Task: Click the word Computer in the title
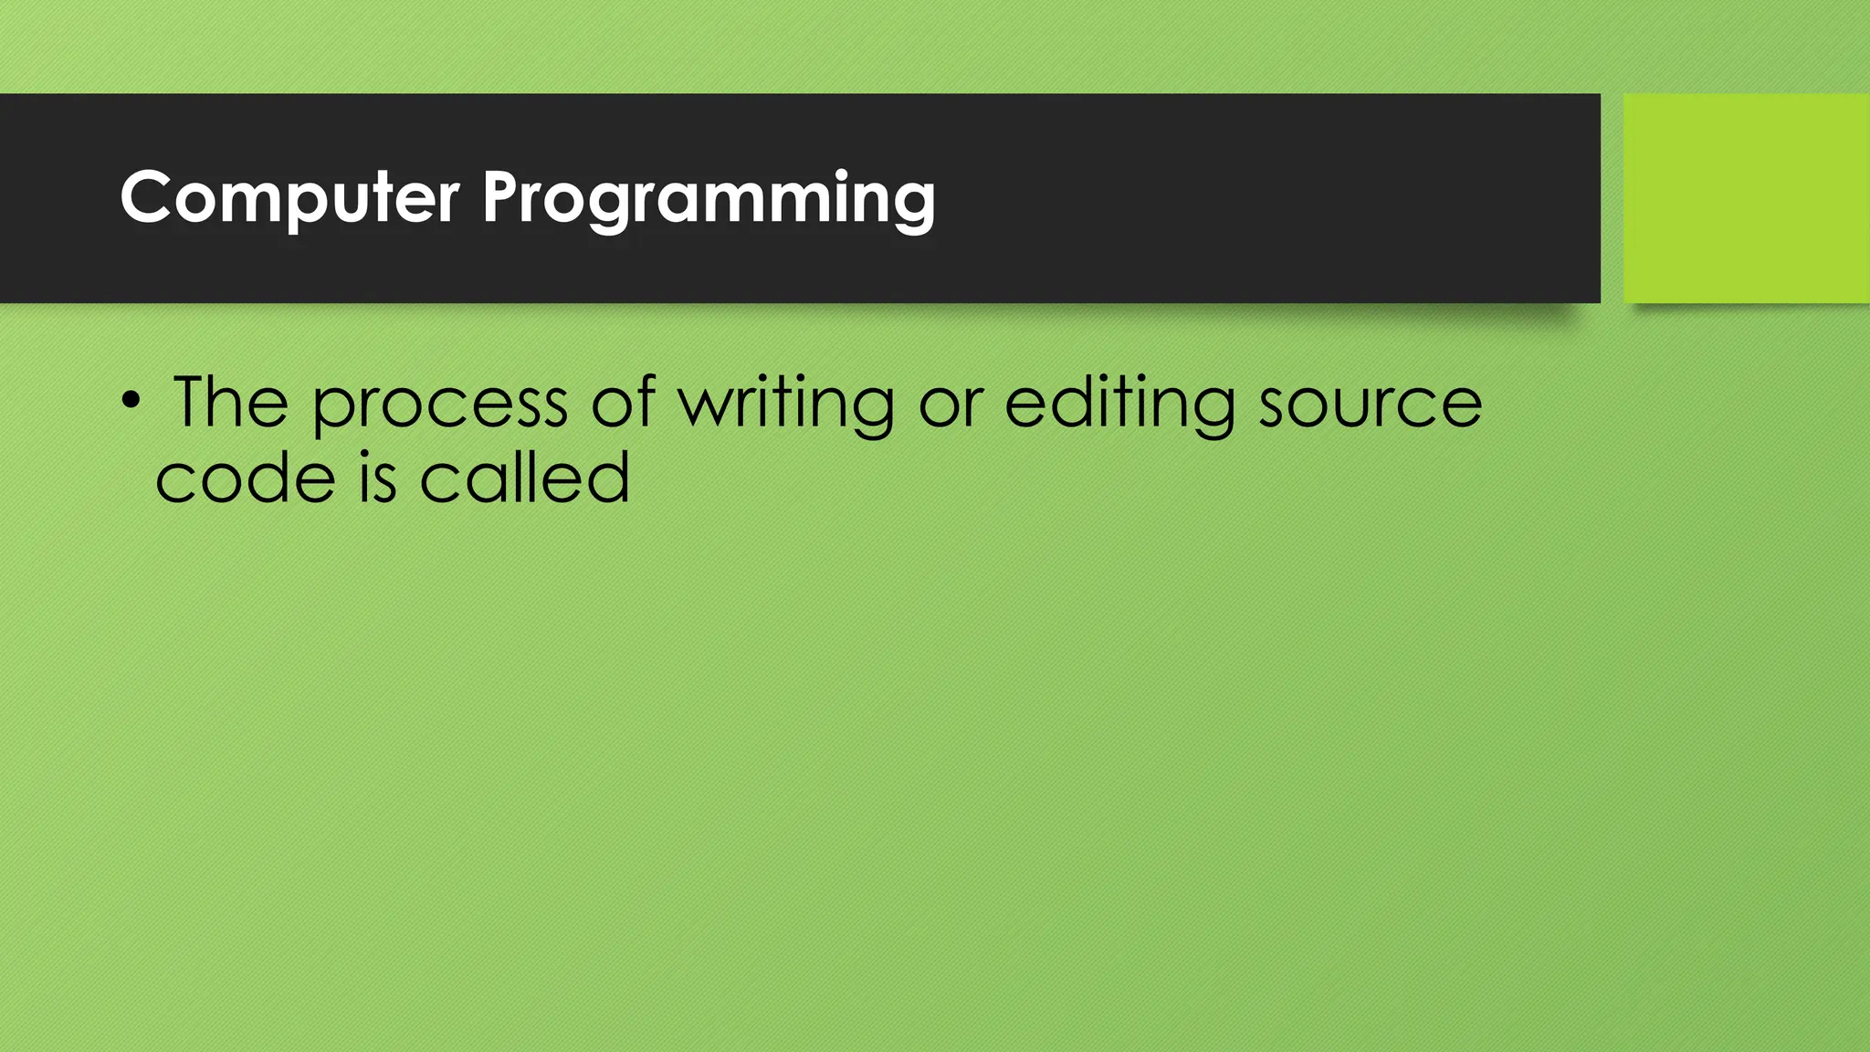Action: pos(289,197)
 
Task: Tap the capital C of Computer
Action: pos(147,197)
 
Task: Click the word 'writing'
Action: pos(786,404)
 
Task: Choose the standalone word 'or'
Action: pos(951,405)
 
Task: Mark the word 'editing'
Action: pos(1120,404)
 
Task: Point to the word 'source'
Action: pos(1370,405)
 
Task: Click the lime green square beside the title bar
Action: pos(1746,197)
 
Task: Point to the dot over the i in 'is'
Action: pos(364,455)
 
